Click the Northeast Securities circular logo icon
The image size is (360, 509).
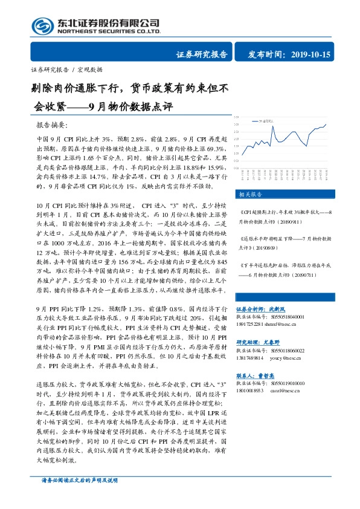click(x=43, y=26)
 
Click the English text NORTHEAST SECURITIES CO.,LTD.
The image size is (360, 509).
click(x=109, y=31)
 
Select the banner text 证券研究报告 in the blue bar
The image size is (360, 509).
click(x=202, y=55)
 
